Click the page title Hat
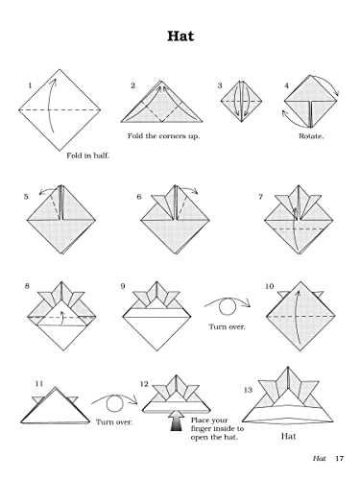tap(179, 37)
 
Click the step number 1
tap(30, 86)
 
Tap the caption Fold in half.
tap(87, 155)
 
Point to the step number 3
tap(220, 85)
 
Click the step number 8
tap(27, 285)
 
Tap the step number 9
tap(124, 285)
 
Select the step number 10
tap(270, 285)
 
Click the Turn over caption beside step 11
tap(113, 420)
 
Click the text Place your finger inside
tap(217, 422)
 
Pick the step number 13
tap(248, 390)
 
